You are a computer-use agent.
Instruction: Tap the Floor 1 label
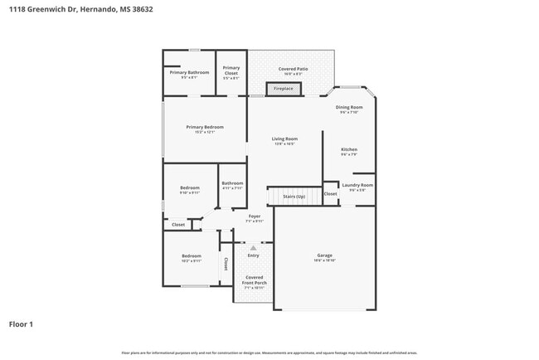click(22, 324)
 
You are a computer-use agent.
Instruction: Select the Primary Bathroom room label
click(189, 74)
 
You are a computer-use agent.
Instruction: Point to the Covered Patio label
click(293, 71)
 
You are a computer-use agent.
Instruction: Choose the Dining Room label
click(349, 109)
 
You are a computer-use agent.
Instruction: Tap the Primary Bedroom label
click(205, 129)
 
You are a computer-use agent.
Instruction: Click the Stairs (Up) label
click(294, 197)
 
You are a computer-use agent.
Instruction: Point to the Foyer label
click(255, 218)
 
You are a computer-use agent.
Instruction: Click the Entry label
click(253, 256)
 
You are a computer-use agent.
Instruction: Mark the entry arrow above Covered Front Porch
click(254, 247)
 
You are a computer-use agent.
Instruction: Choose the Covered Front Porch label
click(255, 282)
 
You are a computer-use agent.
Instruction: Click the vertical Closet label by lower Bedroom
click(226, 263)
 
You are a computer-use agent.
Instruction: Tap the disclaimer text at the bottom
click(269, 353)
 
